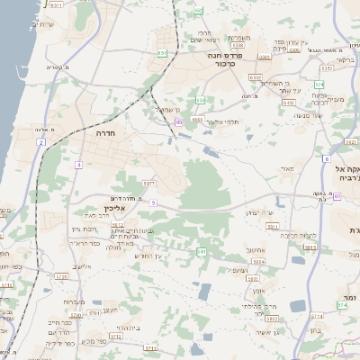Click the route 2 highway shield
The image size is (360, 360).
point(41,142)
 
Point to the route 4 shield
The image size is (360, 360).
point(79,165)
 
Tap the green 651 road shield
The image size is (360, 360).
point(162,53)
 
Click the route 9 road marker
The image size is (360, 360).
point(154,203)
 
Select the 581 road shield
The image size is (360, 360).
point(201,251)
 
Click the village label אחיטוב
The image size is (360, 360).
point(255,251)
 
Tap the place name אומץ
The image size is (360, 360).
point(259,290)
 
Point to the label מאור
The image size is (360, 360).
point(287,168)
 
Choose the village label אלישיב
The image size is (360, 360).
point(83,266)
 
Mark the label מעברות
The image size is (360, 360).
point(76,301)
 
